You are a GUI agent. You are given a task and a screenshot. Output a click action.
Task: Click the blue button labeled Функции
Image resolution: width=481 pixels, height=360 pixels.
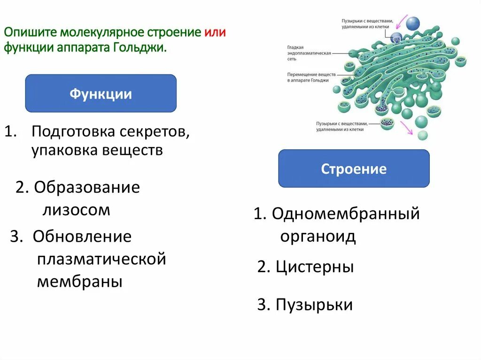pyautogui.click(x=101, y=93)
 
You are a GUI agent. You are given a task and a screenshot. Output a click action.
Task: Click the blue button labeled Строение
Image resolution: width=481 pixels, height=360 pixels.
pyautogui.click(x=354, y=169)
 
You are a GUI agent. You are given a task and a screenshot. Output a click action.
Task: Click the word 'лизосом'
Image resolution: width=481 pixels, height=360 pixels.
pyautogui.click(x=76, y=210)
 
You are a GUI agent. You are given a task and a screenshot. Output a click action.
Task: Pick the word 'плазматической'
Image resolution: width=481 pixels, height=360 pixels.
pyautogui.click(x=101, y=259)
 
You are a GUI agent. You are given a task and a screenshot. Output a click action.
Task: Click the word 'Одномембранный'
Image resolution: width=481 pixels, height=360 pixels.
pyautogui.click(x=345, y=214)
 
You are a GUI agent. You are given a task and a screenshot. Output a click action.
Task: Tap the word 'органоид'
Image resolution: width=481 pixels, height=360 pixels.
pyautogui.click(x=318, y=236)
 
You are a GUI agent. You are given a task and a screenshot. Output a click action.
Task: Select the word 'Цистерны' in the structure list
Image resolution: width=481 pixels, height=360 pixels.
pyautogui.click(x=315, y=267)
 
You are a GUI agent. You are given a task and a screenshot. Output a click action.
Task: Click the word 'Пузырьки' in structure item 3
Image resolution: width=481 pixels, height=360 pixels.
pyautogui.click(x=314, y=305)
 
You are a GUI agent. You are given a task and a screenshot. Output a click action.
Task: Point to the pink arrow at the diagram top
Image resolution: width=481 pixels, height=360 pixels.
pyautogui.click(x=402, y=22)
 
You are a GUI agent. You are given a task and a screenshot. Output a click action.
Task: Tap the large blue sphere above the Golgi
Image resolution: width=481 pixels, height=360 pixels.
pyautogui.click(x=413, y=23)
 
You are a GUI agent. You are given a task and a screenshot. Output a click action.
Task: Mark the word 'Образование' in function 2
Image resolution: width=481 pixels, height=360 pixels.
pyautogui.click(x=86, y=188)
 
